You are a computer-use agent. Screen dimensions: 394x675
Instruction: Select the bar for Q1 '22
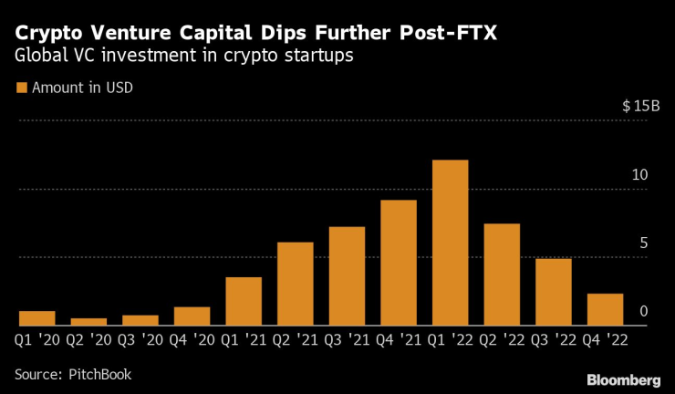pyautogui.click(x=450, y=243)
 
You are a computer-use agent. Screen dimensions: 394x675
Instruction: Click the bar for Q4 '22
pyautogui.click(x=605, y=309)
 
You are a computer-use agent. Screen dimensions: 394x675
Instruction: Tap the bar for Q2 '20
pyautogui.click(x=88, y=321)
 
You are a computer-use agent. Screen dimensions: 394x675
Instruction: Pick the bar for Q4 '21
pyautogui.click(x=399, y=263)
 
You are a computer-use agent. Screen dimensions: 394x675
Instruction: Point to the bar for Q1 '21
pyautogui.click(x=244, y=301)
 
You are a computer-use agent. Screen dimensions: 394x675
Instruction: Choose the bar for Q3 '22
pyautogui.click(x=554, y=292)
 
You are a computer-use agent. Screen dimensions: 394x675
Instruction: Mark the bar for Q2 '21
pyautogui.click(x=296, y=284)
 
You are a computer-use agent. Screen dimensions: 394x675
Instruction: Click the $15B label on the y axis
pyautogui.click(x=640, y=107)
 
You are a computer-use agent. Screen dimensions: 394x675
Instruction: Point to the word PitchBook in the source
pyautogui.click(x=102, y=374)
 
